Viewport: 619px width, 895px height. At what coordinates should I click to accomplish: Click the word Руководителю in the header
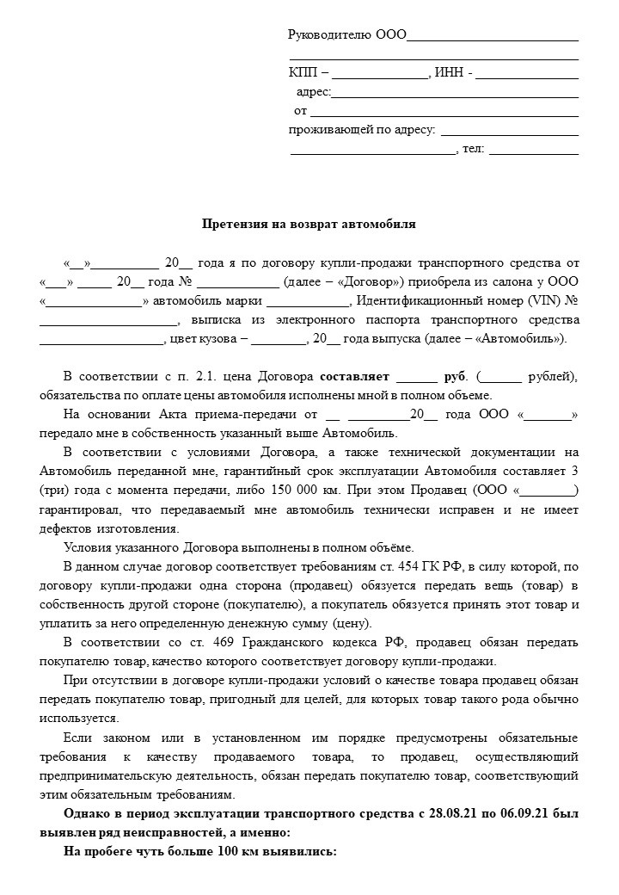[x=330, y=35]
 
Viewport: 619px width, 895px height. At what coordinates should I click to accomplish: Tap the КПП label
[x=303, y=73]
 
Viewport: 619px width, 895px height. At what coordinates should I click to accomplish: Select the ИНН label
[x=450, y=73]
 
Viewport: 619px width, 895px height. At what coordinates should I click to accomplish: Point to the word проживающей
[x=330, y=131]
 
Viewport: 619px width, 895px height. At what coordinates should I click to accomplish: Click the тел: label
[x=474, y=149]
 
